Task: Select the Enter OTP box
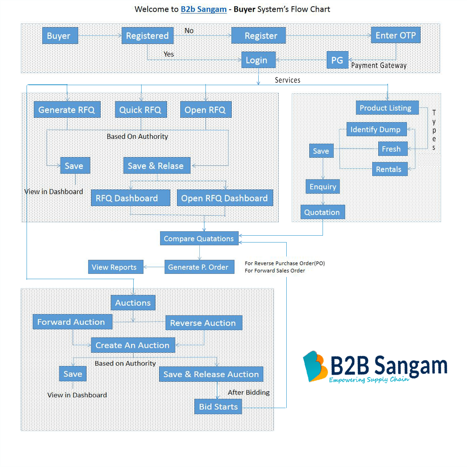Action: [396, 35]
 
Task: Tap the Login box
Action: [258, 60]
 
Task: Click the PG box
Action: [337, 60]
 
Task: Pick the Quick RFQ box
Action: [141, 110]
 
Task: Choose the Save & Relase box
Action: [156, 166]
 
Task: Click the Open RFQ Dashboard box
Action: [225, 198]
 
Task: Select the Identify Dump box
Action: [376, 129]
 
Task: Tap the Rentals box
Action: [389, 169]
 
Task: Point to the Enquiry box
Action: [323, 186]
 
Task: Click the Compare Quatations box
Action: [199, 238]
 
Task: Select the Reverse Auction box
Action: [203, 323]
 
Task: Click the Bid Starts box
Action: [218, 407]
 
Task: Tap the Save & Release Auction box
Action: [211, 374]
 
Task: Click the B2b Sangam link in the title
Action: [203, 9]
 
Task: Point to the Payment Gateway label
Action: [379, 65]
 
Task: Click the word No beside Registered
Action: [189, 31]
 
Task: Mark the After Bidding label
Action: [249, 392]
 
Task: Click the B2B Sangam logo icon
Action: [315, 366]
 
